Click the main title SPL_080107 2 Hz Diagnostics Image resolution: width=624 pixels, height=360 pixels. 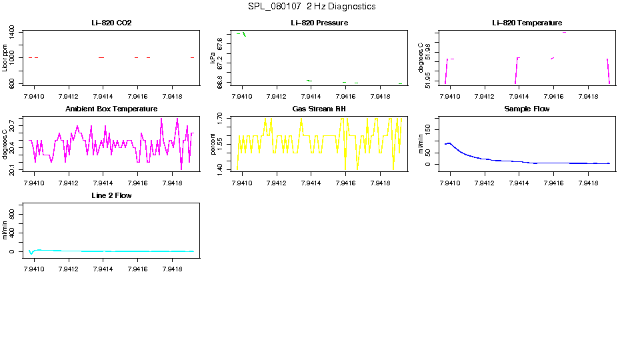tap(311, 7)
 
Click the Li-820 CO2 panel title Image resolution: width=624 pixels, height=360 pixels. tap(111, 23)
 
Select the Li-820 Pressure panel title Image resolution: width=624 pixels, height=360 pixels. tap(319, 23)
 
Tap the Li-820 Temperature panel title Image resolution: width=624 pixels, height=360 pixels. tap(527, 23)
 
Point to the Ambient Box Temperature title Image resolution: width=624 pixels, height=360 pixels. tap(111, 109)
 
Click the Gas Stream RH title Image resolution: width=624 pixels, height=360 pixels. tap(319, 109)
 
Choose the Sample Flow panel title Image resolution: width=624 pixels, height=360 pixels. tap(527, 109)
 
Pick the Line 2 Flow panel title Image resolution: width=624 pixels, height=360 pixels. tap(111, 195)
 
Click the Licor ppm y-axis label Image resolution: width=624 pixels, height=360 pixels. tap(5, 58)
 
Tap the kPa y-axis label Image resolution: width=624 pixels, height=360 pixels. tap(213, 59)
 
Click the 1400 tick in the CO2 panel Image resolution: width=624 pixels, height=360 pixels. tap(13, 32)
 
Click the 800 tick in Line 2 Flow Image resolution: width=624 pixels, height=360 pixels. tap(13, 211)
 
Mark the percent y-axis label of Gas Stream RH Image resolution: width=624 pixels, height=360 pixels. tap(213, 143)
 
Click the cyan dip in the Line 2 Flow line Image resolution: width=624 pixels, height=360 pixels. tap(31, 253)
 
